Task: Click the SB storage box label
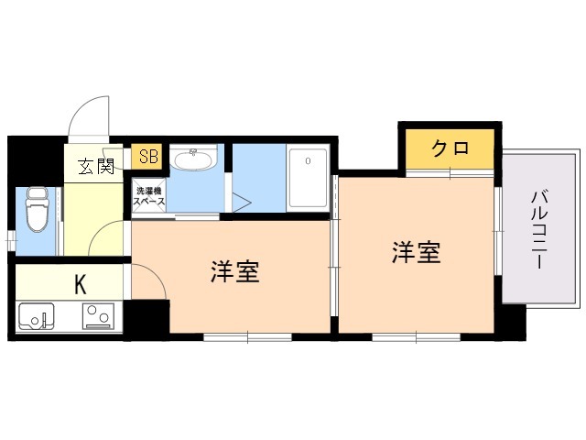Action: (148, 157)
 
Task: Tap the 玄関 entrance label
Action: (96, 166)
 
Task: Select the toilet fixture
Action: (36, 209)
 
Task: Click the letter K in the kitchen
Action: (81, 284)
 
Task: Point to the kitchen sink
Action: (37, 316)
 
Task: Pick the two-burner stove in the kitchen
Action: (98, 316)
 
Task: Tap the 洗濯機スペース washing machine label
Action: (148, 195)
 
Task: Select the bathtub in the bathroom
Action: (309, 179)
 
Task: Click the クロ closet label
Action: (450, 148)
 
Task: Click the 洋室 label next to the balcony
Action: (416, 252)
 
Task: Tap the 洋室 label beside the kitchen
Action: (235, 271)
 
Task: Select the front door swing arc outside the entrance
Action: (81, 108)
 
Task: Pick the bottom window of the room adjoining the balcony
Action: (416, 337)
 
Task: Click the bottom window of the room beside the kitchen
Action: (247, 337)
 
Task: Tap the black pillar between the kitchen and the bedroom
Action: (146, 319)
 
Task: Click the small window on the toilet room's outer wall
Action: (12, 239)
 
